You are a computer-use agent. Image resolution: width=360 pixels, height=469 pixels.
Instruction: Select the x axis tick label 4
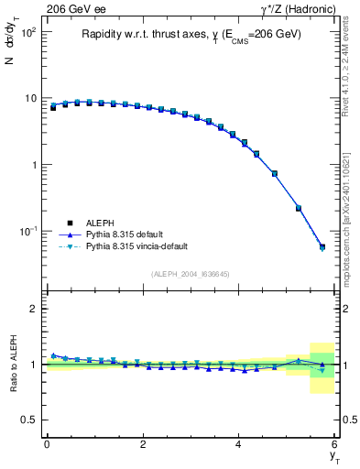point(239,444)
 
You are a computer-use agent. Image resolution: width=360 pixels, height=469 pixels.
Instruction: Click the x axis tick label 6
point(335,444)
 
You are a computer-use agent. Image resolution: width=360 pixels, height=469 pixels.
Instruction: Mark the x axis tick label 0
point(47,444)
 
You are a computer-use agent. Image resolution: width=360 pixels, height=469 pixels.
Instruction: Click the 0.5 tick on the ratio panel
point(29,420)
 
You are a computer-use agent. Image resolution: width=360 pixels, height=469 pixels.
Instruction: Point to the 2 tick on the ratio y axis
point(33,309)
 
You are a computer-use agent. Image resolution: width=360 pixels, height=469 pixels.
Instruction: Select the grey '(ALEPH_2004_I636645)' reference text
point(190,273)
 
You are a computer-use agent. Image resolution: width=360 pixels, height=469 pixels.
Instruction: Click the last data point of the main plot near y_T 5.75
point(322,246)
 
